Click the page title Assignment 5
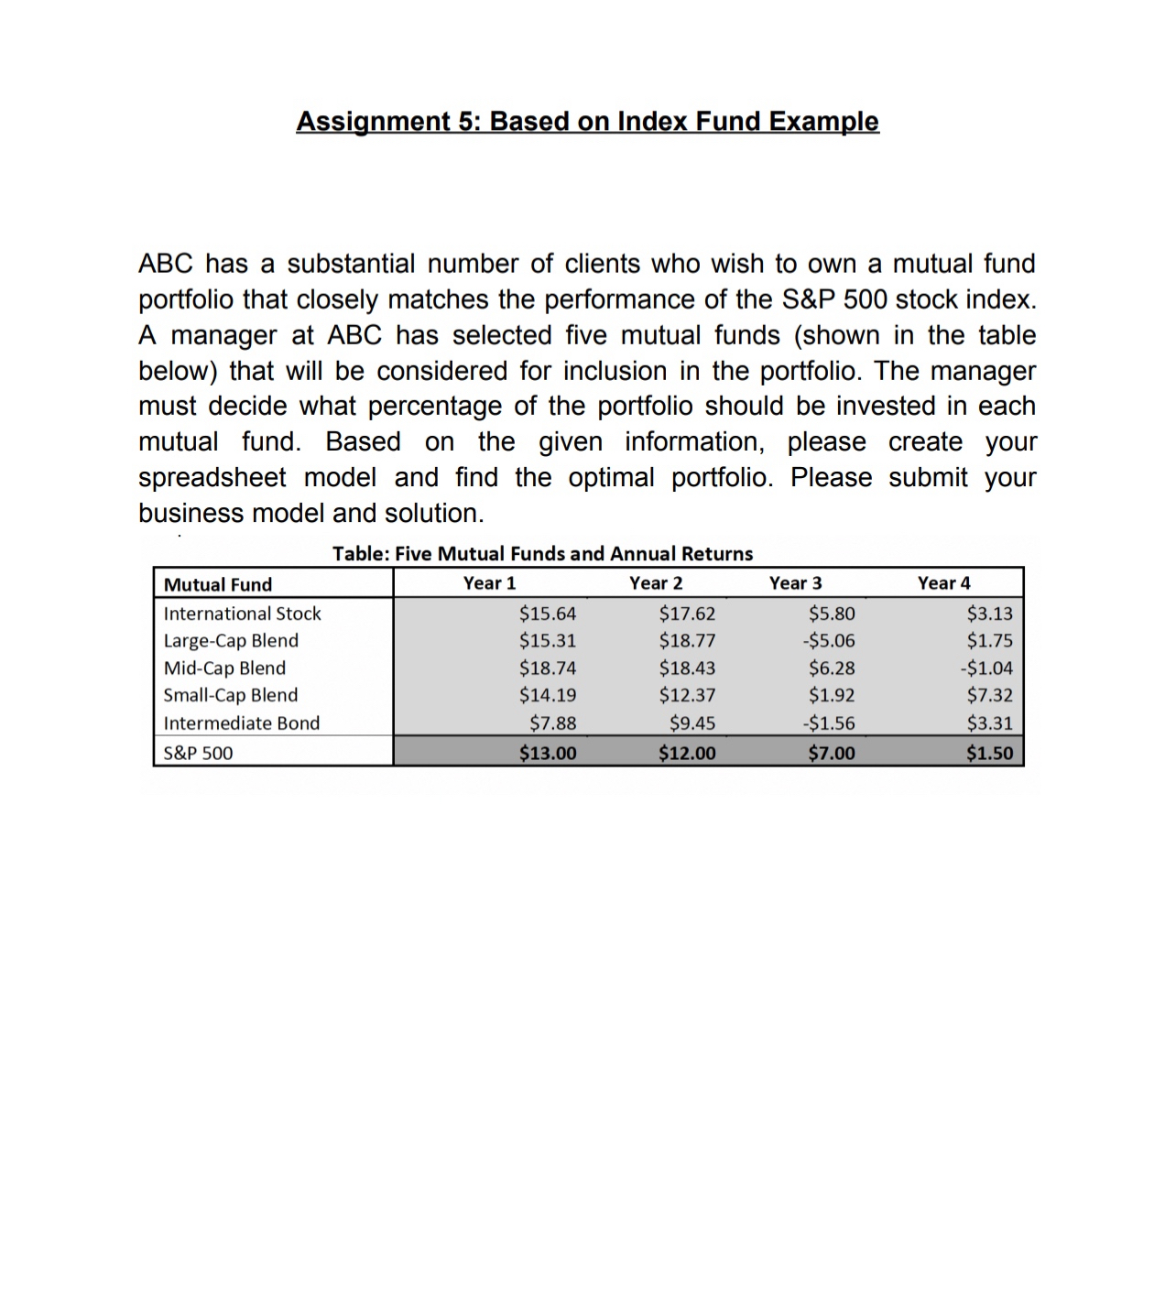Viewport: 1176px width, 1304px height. (x=587, y=121)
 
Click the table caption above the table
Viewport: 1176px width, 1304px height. (x=542, y=553)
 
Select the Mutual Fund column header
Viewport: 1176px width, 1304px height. (x=218, y=584)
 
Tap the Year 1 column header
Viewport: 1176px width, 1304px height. (x=489, y=583)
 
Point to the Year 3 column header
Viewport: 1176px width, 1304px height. (x=795, y=583)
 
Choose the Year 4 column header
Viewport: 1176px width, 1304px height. (x=943, y=583)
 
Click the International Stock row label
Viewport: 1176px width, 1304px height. (x=242, y=614)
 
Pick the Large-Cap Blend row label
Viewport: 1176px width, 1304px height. (x=231, y=641)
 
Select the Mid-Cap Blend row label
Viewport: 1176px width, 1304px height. (x=224, y=668)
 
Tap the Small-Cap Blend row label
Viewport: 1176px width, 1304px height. (x=230, y=695)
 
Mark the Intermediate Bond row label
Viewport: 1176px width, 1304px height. (x=242, y=723)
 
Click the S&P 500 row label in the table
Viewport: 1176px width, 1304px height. (x=198, y=753)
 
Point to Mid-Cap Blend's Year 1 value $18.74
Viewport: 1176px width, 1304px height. (x=548, y=668)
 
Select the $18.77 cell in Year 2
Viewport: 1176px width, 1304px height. (x=687, y=641)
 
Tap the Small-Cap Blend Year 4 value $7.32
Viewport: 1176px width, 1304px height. (x=989, y=695)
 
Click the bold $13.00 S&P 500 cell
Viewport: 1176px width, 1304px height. (x=548, y=753)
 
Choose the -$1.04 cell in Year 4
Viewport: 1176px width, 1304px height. (x=986, y=668)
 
